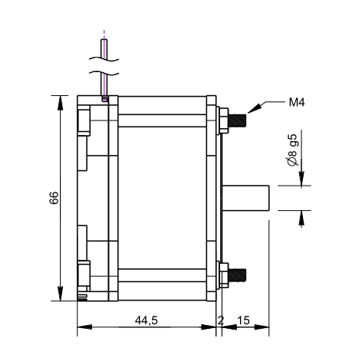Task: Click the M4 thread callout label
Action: coord(297,103)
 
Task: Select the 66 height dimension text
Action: coord(54,198)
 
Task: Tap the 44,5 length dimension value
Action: coord(146,321)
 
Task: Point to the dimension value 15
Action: coord(244,321)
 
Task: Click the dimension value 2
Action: coord(220,321)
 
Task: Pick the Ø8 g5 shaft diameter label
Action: coord(294,151)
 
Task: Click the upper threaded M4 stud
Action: coord(237,120)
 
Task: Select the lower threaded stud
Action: coord(237,275)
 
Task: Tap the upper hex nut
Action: coord(224,120)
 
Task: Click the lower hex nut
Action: coord(224,275)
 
